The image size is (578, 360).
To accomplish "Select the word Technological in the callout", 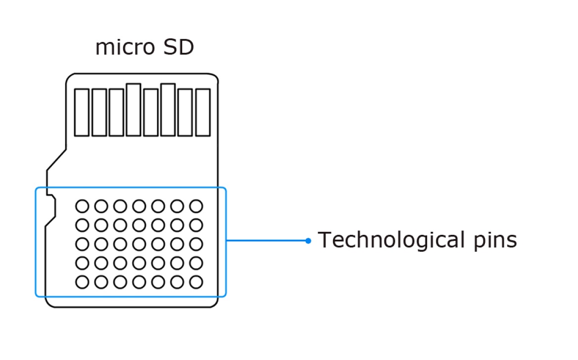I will (x=385, y=240).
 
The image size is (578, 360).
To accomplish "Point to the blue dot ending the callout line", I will (x=308, y=241).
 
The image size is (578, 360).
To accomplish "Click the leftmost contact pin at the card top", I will (x=82, y=112).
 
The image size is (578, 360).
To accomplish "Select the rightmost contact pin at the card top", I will (x=203, y=112).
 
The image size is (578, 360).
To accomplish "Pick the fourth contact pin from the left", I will (x=134, y=110).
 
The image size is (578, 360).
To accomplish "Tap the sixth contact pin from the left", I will (x=168, y=110).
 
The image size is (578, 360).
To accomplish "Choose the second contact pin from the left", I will (x=99, y=112).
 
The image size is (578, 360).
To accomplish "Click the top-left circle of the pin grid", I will (x=82, y=206).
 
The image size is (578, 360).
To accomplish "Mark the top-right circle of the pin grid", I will (x=196, y=206).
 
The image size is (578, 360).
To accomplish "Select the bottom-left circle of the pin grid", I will (x=82, y=282).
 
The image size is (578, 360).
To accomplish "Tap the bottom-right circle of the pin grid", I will (x=196, y=282).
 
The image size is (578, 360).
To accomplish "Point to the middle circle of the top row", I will (x=139, y=206).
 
